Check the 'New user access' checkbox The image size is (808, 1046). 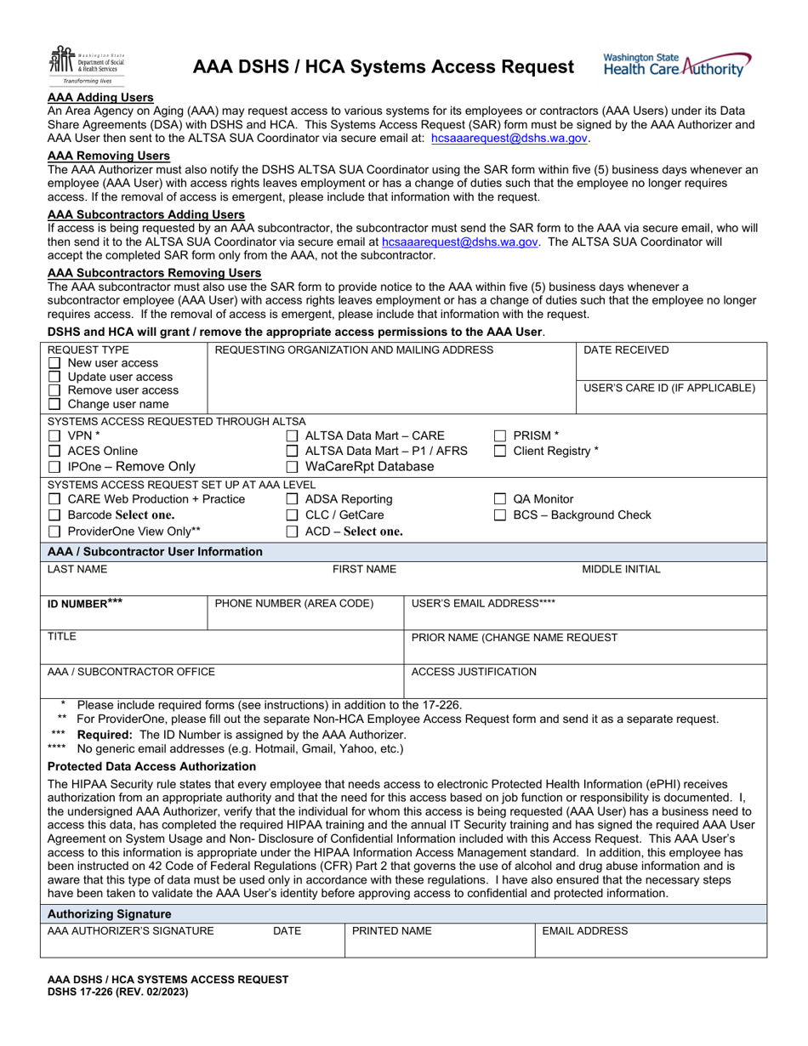[54, 363]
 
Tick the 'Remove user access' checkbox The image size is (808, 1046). [54, 390]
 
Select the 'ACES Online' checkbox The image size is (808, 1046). [54, 451]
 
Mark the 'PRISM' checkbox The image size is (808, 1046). [500, 435]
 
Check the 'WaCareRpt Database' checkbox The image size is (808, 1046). [292, 467]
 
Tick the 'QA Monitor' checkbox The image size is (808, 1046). [500, 499]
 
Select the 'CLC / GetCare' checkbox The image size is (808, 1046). [292, 515]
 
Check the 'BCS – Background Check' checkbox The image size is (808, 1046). [500, 515]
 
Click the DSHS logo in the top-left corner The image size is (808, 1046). [80, 65]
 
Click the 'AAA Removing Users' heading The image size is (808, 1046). [109, 156]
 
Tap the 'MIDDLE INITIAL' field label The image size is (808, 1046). [621, 569]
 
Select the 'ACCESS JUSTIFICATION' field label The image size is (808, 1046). [474, 672]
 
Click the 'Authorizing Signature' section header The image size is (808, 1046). [109, 913]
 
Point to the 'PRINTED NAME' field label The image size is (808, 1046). [392, 931]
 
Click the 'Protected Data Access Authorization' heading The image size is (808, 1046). [151, 766]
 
